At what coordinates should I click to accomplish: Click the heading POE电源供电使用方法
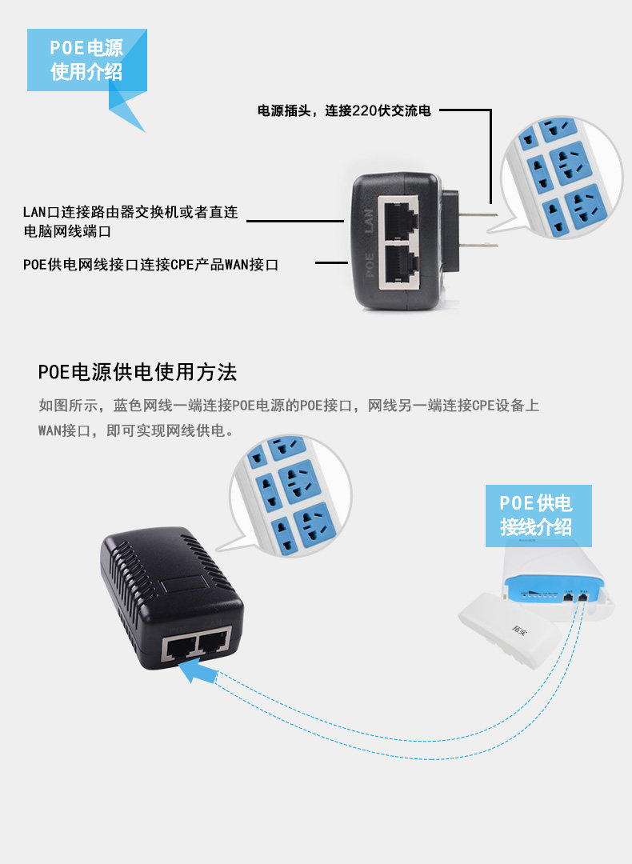point(138,373)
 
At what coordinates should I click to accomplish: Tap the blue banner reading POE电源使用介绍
point(86,60)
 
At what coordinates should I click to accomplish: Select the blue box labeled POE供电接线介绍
point(538,514)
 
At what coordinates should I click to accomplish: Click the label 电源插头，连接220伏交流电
point(344,110)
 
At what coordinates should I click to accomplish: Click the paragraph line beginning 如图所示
point(289,406)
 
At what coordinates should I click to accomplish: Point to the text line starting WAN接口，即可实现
point(136,430)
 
